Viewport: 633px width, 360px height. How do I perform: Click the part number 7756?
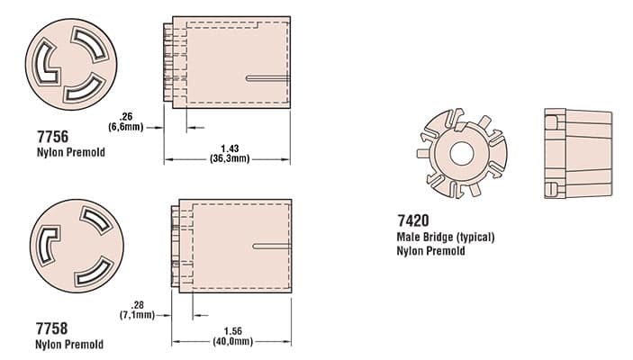click(x=52, y=137)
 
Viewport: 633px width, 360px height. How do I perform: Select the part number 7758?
click(x=51, y=328)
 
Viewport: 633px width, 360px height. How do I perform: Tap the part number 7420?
click(x=413, y=220)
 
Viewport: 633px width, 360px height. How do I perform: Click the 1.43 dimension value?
click(x=230, y=148)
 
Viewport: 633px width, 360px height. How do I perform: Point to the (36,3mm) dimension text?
click(x=230, y=158)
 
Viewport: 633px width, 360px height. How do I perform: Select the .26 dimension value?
click(x=126, y=117)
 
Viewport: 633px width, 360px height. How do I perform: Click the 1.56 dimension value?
click(x=233, y=331)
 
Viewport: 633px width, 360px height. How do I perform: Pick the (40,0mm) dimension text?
click(x=233, y=341)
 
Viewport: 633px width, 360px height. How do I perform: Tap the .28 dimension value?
click(x=137, y=305)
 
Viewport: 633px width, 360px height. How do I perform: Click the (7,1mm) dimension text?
click(x=137, y=314)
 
